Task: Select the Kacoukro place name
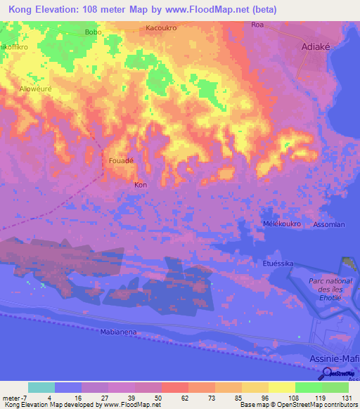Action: [161, 28]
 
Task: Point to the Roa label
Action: [257, 25]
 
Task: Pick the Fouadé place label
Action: [121, 161]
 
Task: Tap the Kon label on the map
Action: [140, 185]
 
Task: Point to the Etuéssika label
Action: [278, 263]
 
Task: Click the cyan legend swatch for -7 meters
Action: [41, 387]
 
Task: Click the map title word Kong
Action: [23, 9]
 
